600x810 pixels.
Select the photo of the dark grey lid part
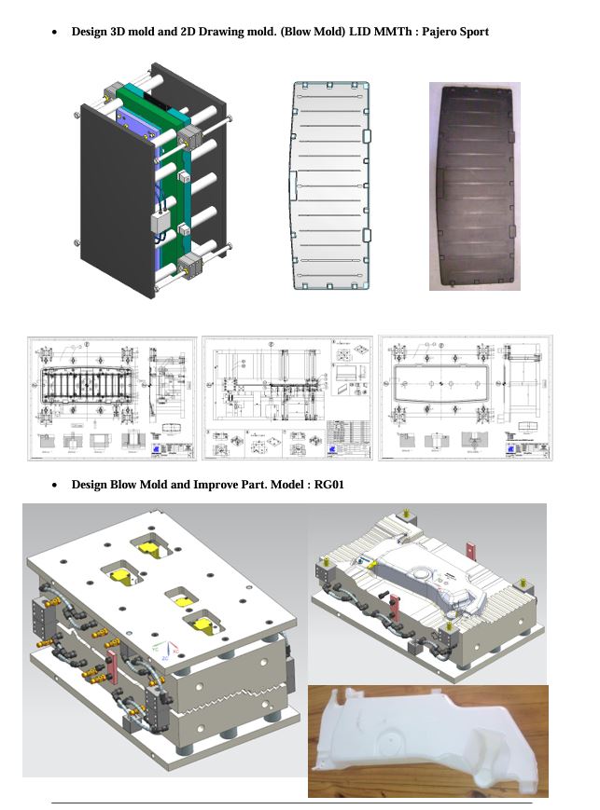[x=474, y=185]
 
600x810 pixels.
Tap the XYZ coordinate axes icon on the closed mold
[x=164, y=652]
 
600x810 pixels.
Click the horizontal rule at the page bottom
[x=291, y=803]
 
